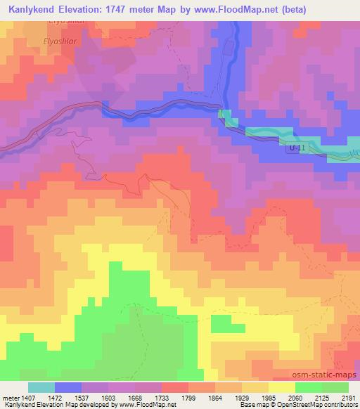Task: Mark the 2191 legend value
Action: tap(348, 398)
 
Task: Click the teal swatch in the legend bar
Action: tap(41, 387)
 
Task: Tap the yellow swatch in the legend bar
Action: tap(282, 387)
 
